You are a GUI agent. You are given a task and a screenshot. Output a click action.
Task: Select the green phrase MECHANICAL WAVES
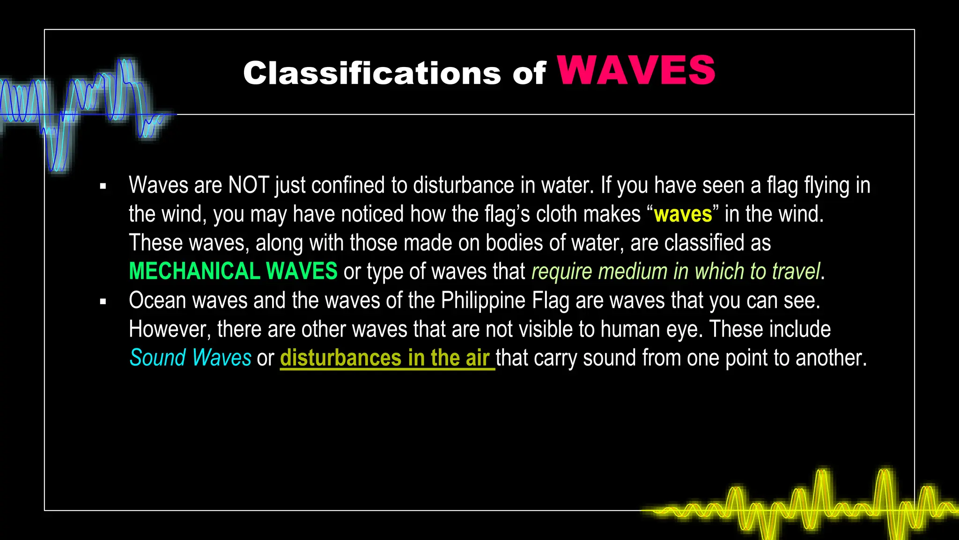click(x=233, y=271)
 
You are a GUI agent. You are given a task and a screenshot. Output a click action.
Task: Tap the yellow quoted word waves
click(x=683, y=214)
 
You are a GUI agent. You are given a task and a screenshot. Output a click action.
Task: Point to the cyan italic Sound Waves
click(x=190, y=358)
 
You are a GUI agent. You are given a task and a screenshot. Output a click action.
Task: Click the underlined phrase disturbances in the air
click(x=385, y=358)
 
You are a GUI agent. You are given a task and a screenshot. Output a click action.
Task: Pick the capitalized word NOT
click(x=248, y=185)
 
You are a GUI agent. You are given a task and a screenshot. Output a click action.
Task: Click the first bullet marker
click(x=103, y=187)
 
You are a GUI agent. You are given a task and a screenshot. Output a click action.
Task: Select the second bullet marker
click(x=103, y=301)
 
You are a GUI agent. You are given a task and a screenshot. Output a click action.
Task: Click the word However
click(x=170, y=330)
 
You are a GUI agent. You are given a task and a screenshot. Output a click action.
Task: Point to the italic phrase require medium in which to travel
click(x=676, y=271)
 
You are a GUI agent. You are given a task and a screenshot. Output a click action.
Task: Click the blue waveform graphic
click(x=84, y=112)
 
